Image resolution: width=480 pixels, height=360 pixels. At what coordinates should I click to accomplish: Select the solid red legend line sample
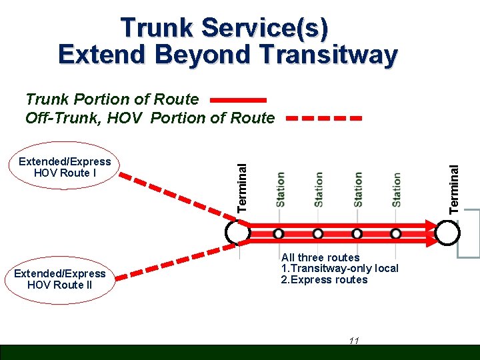pos(238,100)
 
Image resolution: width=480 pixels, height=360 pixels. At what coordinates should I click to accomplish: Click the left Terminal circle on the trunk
pos(237,232)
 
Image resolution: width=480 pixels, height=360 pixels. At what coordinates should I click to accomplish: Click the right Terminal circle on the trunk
pos(449,232)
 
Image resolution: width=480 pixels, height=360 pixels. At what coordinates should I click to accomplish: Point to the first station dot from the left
pos(279,233)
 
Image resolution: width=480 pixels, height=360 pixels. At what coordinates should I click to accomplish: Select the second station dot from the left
pos(318,233)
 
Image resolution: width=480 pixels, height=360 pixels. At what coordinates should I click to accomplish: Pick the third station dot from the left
pos(357,233)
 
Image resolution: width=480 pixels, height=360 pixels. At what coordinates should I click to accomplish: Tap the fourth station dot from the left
pos(396,233)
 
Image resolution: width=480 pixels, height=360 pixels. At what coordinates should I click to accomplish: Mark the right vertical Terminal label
pos(454,189)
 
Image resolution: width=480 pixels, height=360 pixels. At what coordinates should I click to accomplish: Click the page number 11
pos(354,341)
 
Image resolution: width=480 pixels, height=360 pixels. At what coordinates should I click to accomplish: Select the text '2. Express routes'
pos(324,280)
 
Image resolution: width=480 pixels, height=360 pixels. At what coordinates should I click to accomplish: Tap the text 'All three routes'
pos(320,257)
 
